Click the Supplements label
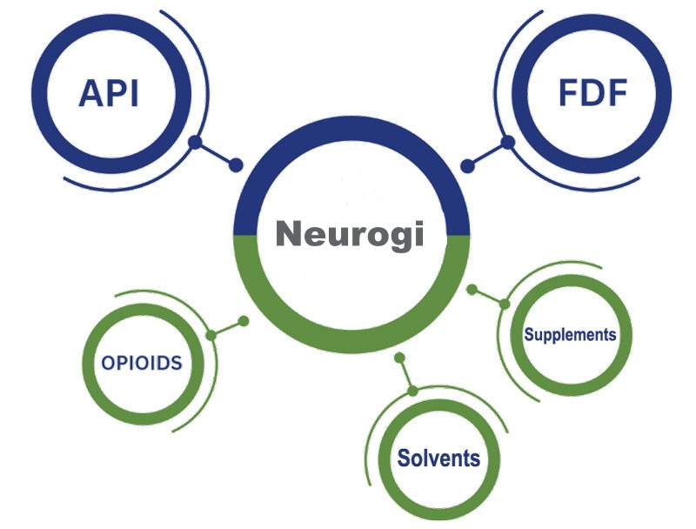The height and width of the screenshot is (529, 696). point(570,334)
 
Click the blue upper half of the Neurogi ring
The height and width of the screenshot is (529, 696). point(352,129)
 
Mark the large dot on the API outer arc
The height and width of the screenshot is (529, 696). point(196,142)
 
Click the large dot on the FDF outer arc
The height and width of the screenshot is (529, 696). point(505,142)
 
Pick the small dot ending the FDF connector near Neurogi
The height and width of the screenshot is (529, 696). point(466,164)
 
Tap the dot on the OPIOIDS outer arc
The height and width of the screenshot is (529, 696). point(211,335)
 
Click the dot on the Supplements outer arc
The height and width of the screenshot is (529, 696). point(504,303)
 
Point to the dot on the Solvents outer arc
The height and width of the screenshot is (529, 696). point(412,388)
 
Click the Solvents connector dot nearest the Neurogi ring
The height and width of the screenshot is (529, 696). point(398,358)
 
